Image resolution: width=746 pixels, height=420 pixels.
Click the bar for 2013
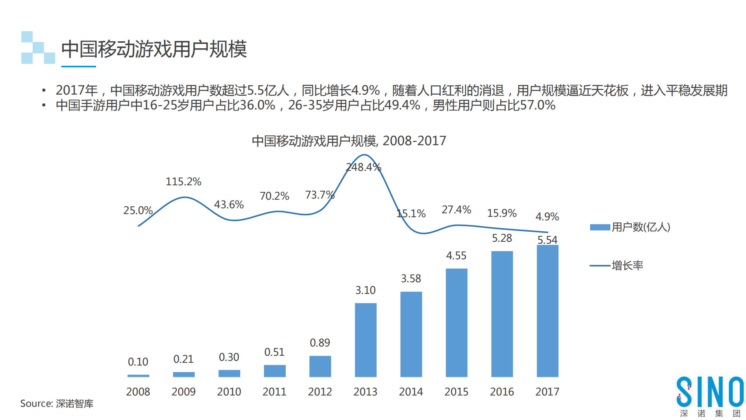[365, 340]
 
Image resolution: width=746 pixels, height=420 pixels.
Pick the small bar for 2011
[274, 371]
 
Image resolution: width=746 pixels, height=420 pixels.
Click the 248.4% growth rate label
[363, 167]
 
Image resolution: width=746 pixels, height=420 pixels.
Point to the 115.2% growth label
[183, 182]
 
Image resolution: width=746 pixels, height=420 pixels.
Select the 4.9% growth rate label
[547, 216]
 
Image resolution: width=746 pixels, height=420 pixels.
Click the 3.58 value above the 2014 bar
[411, 279]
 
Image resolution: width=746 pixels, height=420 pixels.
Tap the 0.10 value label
[138, 362]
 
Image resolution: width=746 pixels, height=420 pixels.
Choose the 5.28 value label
[502, 238]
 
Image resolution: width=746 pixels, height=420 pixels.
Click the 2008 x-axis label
[138, 392]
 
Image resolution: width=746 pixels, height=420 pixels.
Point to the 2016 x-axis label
[502, 392]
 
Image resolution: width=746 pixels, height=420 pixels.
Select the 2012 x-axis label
[320, 392]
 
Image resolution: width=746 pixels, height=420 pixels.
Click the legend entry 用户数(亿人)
[630, 227]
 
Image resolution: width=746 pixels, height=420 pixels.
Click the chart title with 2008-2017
[349, 141]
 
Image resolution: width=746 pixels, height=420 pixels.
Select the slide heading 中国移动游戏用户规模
[154, 49]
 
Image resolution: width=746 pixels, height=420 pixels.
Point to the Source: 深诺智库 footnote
[57, 404]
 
